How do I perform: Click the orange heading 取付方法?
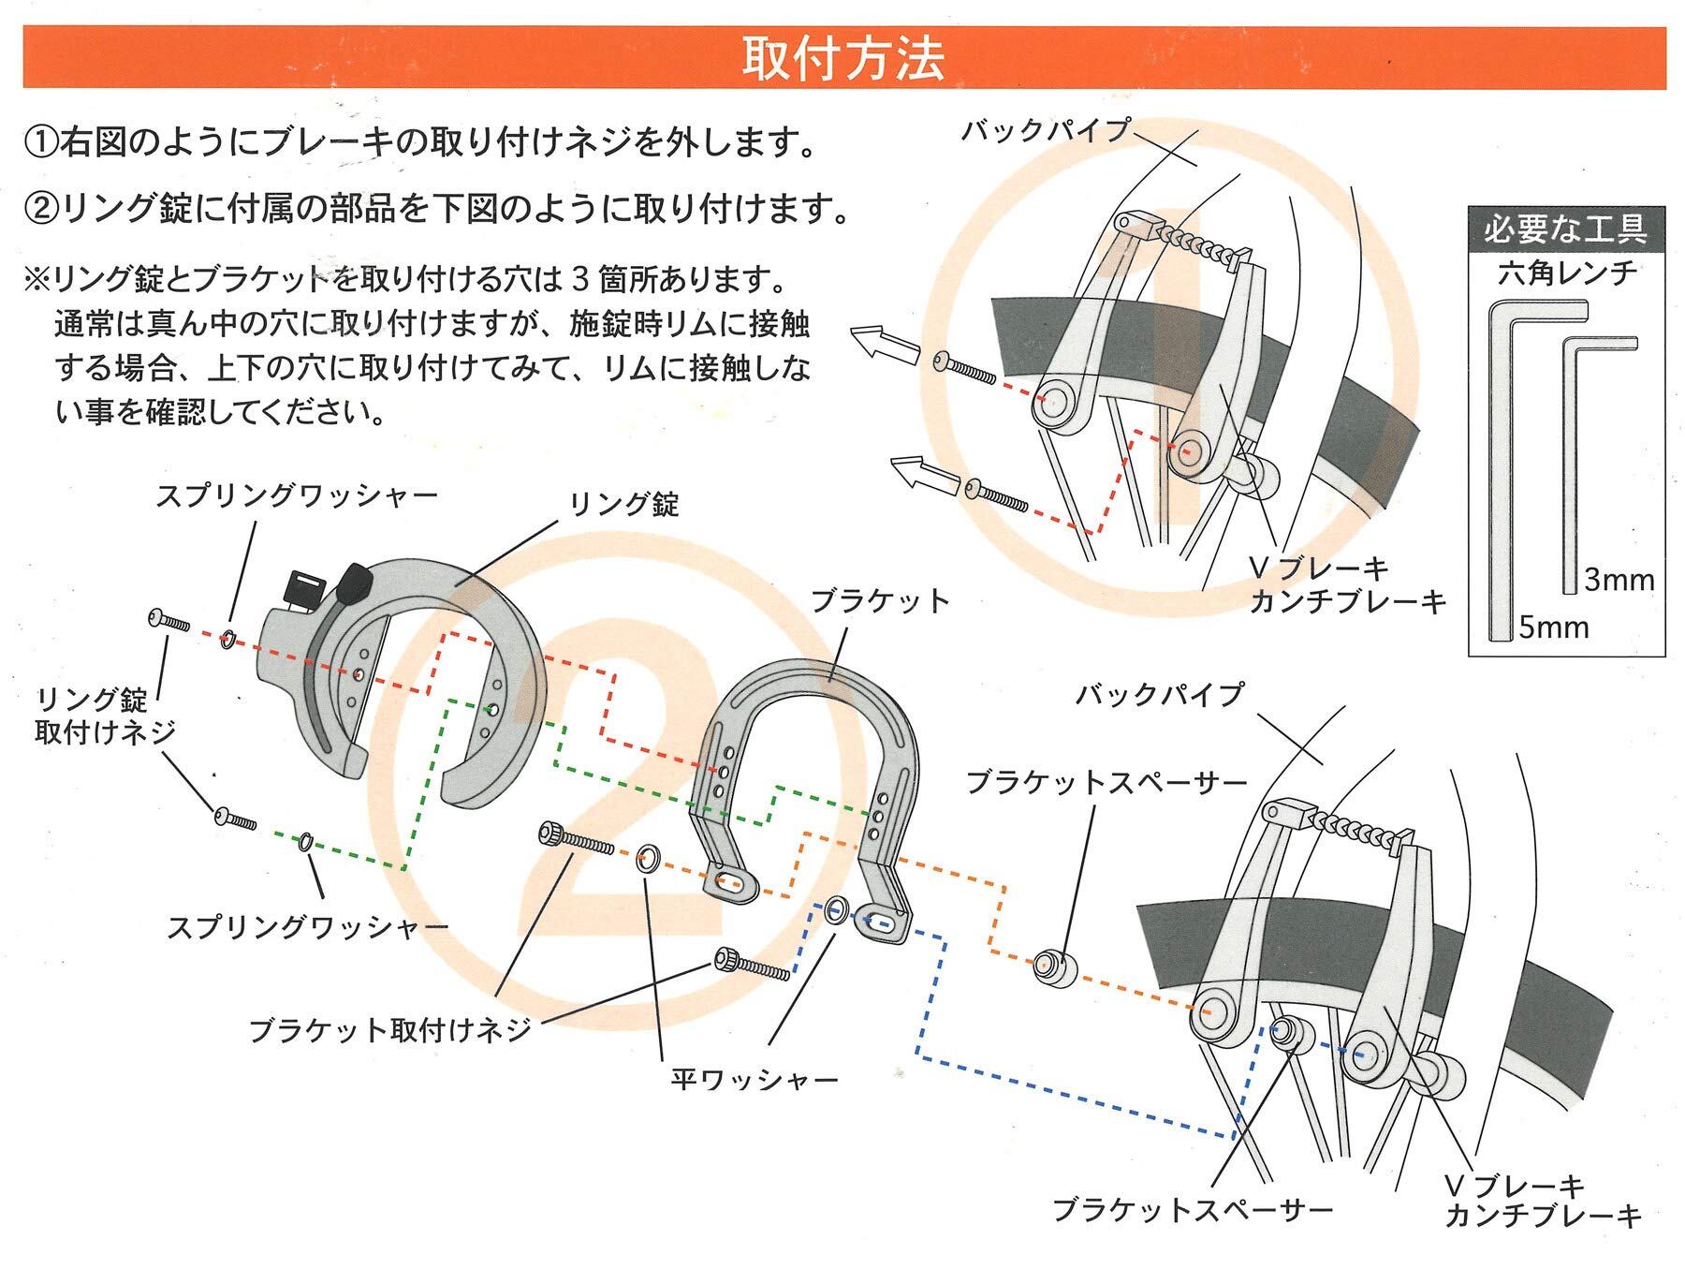[842, 58]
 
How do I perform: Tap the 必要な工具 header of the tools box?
[1565, 229]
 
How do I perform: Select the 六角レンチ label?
[1566, 273]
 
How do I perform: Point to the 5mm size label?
[1553, 627]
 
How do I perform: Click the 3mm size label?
[1619, 581]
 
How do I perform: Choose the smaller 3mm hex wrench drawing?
[1571, 468]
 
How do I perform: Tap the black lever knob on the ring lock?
[354, 583]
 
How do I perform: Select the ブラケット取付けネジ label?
[389, 1031]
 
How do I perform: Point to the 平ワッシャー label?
[755, 1080]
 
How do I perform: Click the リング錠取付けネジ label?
[104, 716]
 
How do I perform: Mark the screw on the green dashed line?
[234, 819]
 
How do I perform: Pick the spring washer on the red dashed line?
[227, 640]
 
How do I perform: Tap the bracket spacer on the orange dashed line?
[1050, 967]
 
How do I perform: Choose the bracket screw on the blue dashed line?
[753, 964]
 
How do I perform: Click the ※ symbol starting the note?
[37, 279]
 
